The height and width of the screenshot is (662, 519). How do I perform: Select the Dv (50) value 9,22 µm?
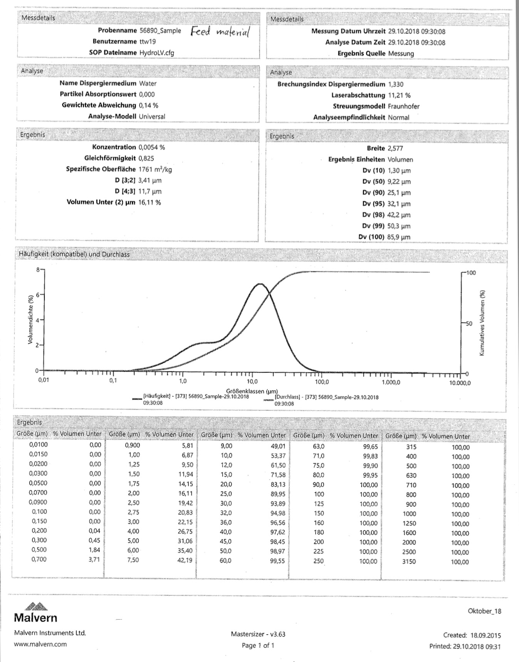click(399, 181)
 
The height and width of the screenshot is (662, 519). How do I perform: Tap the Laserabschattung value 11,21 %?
click(399, 95)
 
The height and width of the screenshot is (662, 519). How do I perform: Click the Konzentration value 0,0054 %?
click(151, 147)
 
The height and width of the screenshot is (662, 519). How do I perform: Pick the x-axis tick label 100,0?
click(322, 382)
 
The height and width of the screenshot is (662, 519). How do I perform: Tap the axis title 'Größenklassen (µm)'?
click(252, 391)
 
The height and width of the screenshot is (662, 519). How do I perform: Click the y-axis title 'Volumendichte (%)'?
click(30, 319)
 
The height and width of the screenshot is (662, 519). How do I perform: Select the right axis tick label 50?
click(469, 324)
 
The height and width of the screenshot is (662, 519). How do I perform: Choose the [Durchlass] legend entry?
click(326, 400)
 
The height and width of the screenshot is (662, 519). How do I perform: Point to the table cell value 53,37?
click(277, 455)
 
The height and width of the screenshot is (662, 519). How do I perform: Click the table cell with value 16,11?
click(185, 493)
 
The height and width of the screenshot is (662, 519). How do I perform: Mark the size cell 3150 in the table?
click(409, 561)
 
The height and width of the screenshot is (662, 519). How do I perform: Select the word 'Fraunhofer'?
click(403, 106)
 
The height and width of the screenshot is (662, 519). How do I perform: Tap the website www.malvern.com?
click(40, 644)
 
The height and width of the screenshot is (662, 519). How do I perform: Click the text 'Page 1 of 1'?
click(258, 645)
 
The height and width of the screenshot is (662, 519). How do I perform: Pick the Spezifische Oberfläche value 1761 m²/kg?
click(155, 169)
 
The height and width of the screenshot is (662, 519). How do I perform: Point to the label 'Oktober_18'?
click(484, 611)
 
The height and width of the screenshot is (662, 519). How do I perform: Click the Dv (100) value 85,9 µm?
click(399, 237)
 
